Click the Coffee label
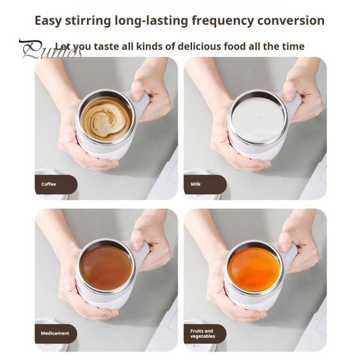point(50,184)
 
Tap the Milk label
point(196,184)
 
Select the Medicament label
point(55,333)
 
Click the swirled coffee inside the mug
point(106,118)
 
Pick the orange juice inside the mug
point(254,269)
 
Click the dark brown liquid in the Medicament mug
point(106,267)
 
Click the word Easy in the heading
point(52,20)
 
